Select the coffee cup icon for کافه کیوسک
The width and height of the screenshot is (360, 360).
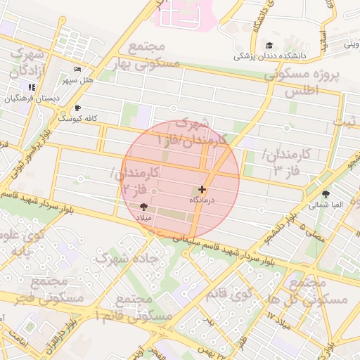click(77, 108)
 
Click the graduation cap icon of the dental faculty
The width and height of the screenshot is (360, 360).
click(269, 46)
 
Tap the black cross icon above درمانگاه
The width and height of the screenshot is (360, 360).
click(202, 189)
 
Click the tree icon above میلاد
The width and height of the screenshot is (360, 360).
click(144, 207)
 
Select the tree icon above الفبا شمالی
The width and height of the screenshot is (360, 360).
click(325, 194)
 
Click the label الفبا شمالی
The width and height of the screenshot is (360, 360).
click(325, 205)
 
